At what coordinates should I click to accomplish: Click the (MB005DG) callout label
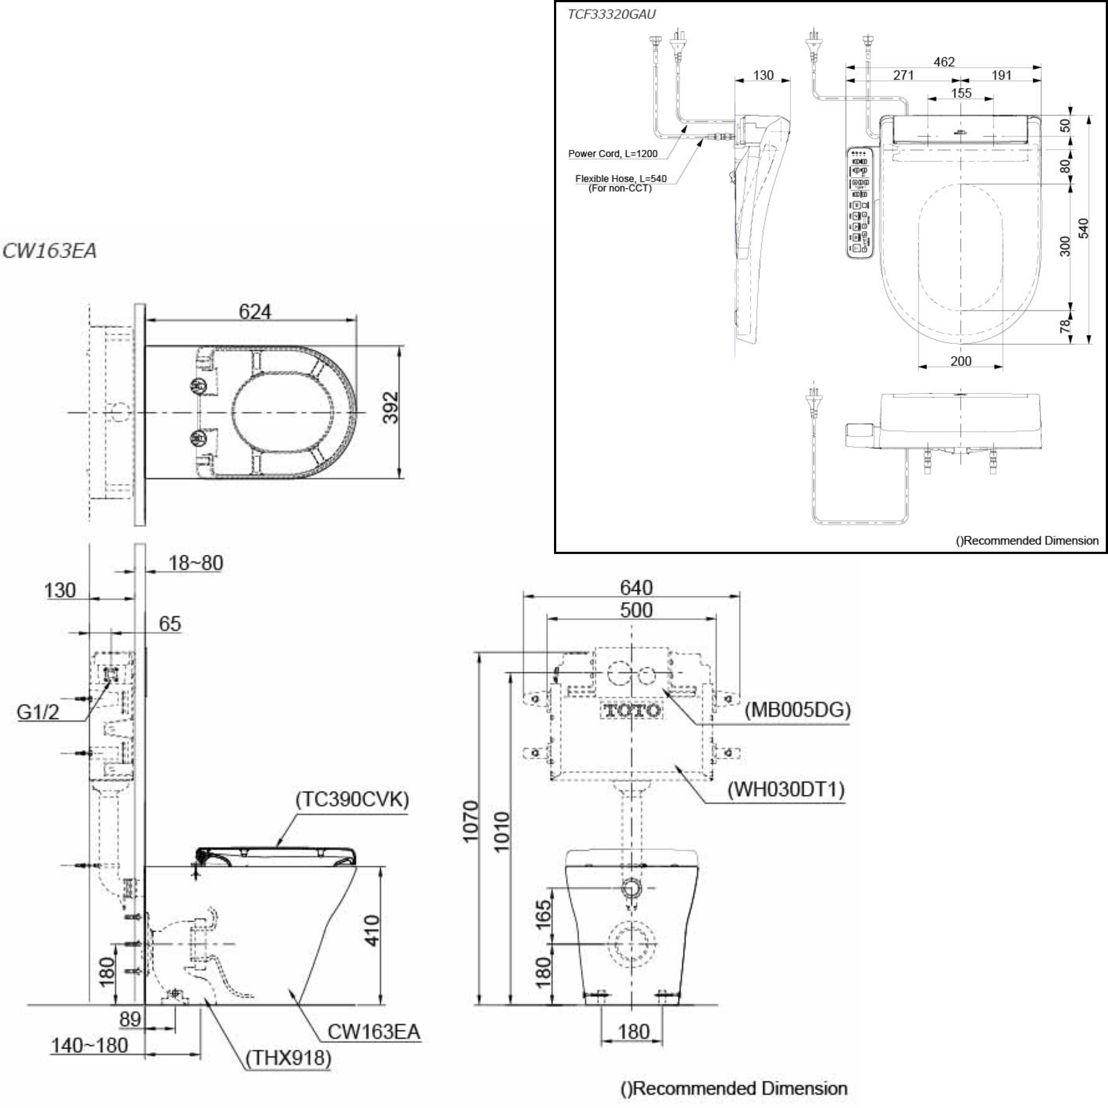point(797,710)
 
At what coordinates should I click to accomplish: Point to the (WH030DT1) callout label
point(786,790)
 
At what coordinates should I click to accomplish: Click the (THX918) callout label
point(288,1058)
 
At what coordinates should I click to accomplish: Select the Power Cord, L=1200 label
point(612,154)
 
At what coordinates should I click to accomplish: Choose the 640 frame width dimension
point(636,587)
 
